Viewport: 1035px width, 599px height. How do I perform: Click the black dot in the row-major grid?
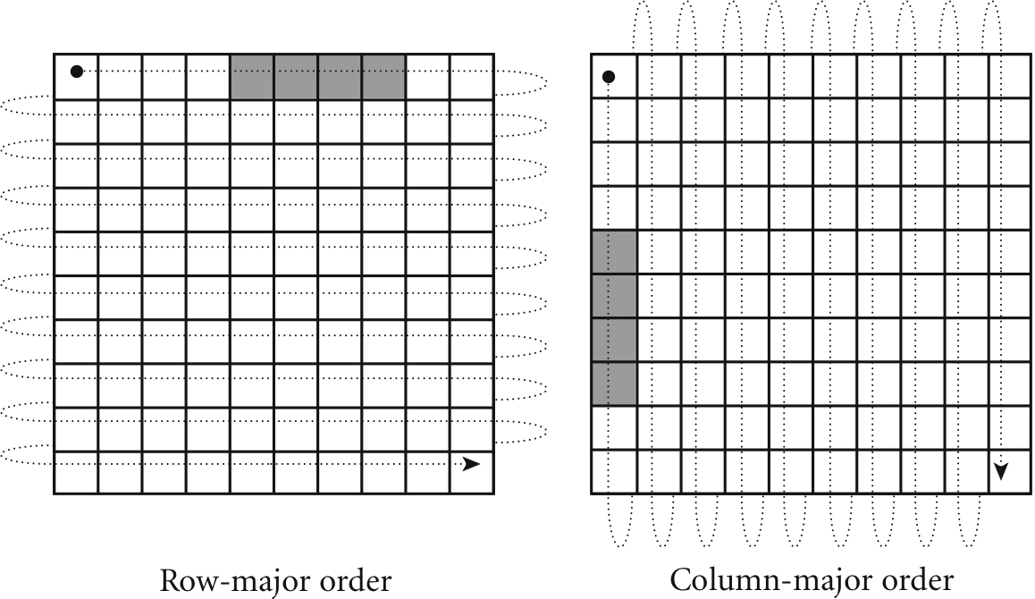point(77,72)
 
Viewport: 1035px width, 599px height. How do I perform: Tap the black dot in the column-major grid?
point(609,77)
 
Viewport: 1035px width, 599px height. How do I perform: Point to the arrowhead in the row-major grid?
point(471,464)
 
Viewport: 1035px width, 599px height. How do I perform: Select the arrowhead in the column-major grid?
point(1001,470)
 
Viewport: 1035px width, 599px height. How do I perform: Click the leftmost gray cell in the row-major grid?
point(252,77)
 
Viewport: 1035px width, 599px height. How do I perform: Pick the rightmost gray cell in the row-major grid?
point(384,77)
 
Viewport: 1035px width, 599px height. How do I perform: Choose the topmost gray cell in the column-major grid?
point(614,252)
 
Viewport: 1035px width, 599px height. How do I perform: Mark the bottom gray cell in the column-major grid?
point(614,384)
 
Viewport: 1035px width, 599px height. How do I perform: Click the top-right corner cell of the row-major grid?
point(471,77)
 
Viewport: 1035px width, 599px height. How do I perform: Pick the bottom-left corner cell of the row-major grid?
point(76,472)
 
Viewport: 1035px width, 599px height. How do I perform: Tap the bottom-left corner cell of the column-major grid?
point(614,472)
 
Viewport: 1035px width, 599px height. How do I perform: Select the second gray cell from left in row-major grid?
point(296,77)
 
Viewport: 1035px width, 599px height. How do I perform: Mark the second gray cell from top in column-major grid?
point(614,296)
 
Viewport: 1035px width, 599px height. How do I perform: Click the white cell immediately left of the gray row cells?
point(208,77)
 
